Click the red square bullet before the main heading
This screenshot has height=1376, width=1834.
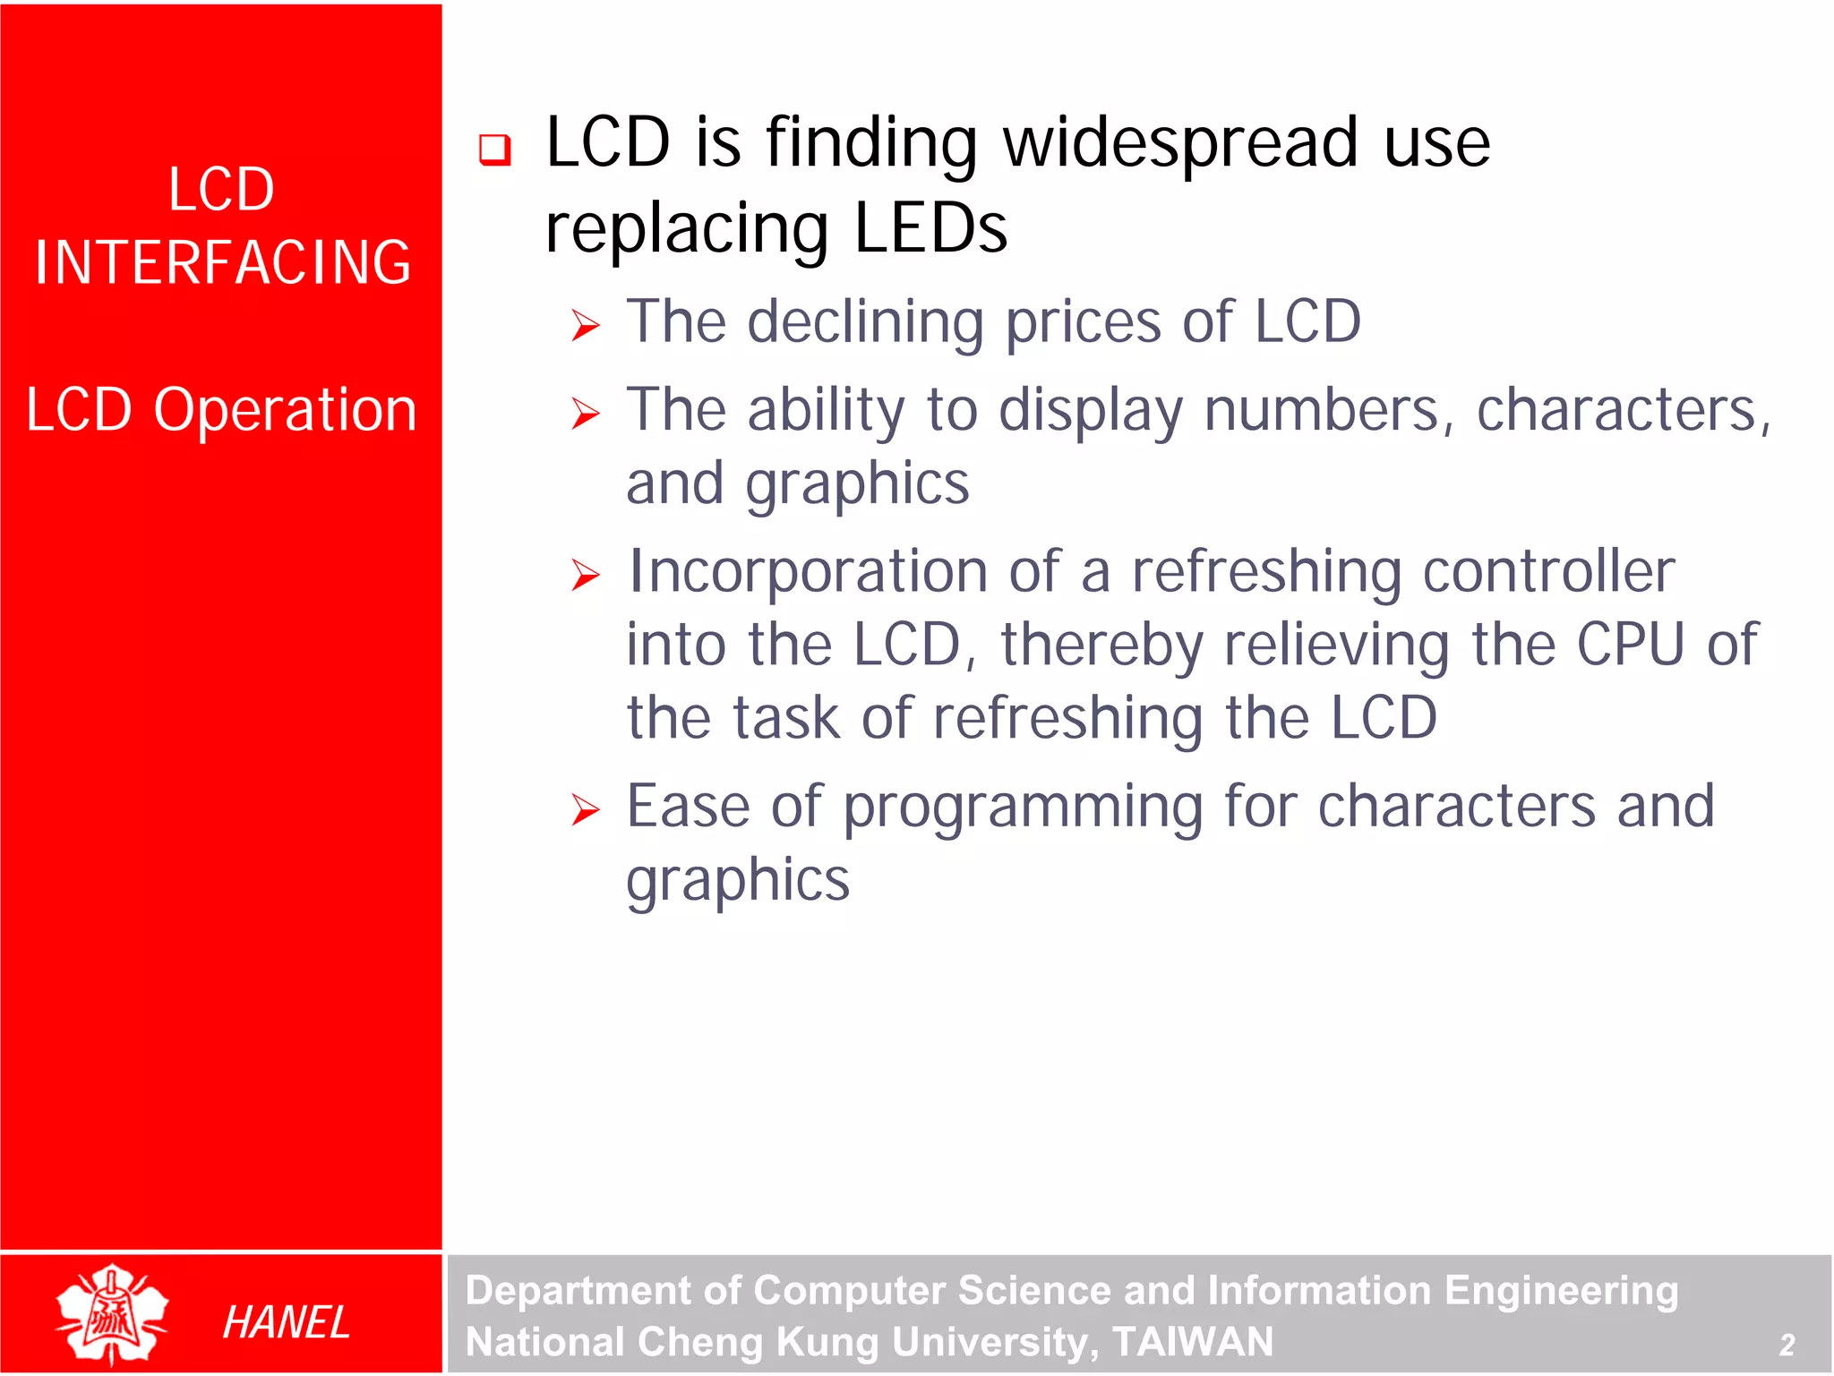(x=495, y=150)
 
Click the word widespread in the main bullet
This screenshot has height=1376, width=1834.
(x=1181, y=143)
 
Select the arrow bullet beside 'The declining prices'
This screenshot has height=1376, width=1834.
(x=586, y=326)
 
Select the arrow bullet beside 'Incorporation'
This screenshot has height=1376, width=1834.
(x=586, y=575)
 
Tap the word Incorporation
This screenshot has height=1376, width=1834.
(x=807, y=573)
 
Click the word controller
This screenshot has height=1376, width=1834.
(x=1548, y=571)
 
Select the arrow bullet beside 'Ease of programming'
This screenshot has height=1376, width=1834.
(x=586, y=810)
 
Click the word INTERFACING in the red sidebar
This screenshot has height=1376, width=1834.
(x=222, y=263)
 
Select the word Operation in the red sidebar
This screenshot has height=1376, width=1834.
(x=285, y=411)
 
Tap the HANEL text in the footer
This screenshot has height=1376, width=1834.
(x=286, y=1323)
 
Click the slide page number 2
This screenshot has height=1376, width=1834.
(x=1786, y=1345)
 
